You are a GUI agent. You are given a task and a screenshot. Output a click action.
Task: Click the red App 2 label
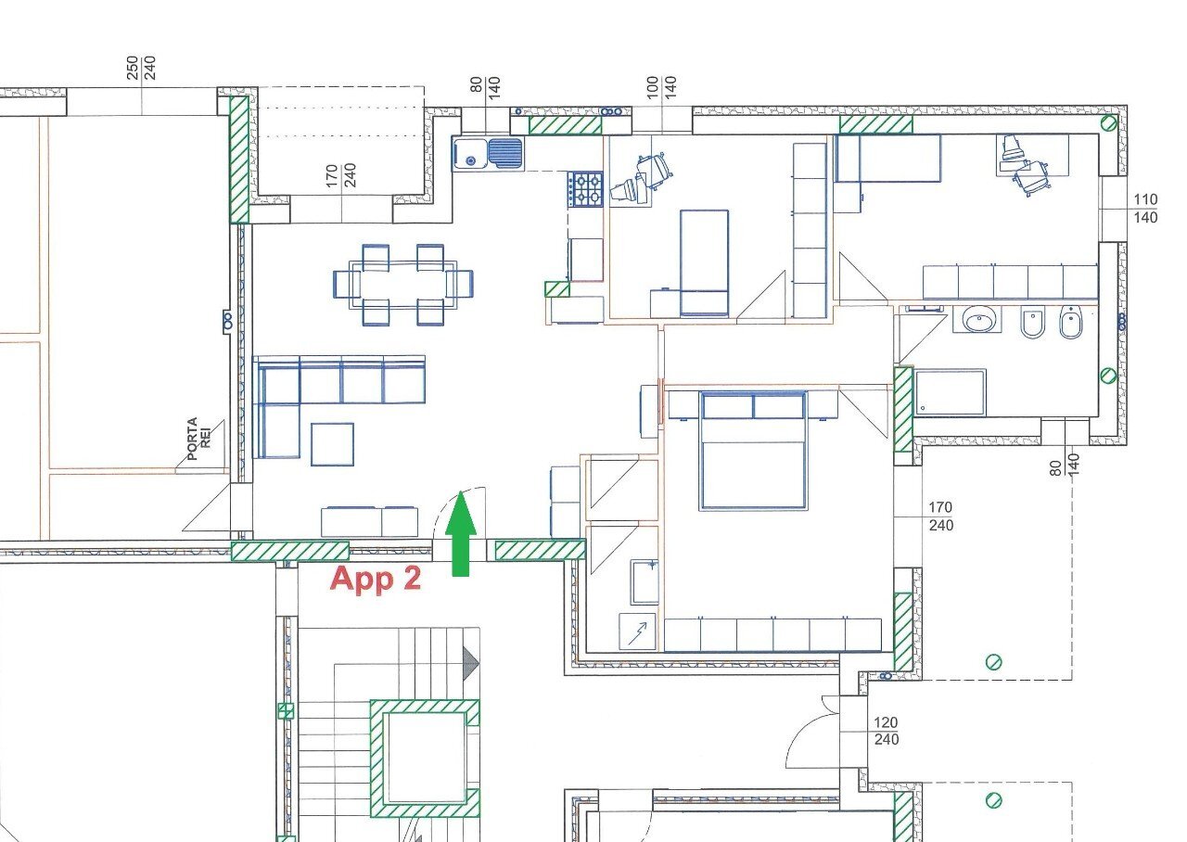click(376, 579)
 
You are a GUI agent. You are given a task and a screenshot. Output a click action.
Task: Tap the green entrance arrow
click(460, 535)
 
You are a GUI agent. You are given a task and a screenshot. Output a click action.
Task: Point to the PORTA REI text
click(199, 438)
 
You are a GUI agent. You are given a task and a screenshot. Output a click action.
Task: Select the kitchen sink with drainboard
click(488, 153)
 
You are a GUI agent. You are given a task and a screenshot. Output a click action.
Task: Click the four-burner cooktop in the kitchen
click(585, 189)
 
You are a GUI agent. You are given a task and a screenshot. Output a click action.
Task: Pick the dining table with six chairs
click(402, 284)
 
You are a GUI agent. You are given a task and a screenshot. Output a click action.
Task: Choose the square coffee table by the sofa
click(332, 444)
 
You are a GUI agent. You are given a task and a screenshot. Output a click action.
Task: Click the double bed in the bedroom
click(753, 451)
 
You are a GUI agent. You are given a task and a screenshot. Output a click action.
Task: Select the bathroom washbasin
click(977, 321)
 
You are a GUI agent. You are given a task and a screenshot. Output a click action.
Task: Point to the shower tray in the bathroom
click(951, 392)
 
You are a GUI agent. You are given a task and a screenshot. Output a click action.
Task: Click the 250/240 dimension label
click(141, 68)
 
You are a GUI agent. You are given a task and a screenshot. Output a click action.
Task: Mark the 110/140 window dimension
click(1146, 209)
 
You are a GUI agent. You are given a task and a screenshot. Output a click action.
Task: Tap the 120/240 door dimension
click(886, 731)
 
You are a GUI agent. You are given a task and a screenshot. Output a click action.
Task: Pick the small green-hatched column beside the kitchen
click(556, 288)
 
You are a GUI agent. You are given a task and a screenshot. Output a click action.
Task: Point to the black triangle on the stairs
click(471, 661)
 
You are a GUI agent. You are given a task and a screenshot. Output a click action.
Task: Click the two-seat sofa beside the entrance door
click(370, 521)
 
